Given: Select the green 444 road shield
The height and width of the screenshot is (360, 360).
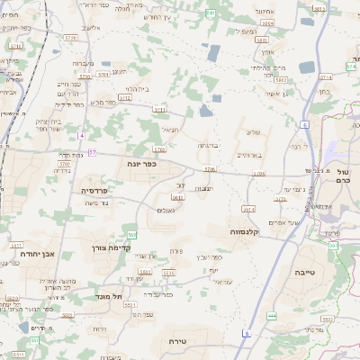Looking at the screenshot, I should tap(272, 316).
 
